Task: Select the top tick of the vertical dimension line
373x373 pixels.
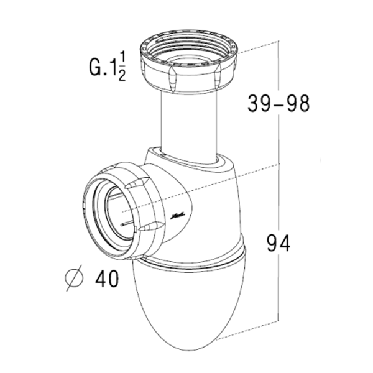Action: (x=278, y=42)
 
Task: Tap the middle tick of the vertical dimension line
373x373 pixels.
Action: (x=278, y=163)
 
